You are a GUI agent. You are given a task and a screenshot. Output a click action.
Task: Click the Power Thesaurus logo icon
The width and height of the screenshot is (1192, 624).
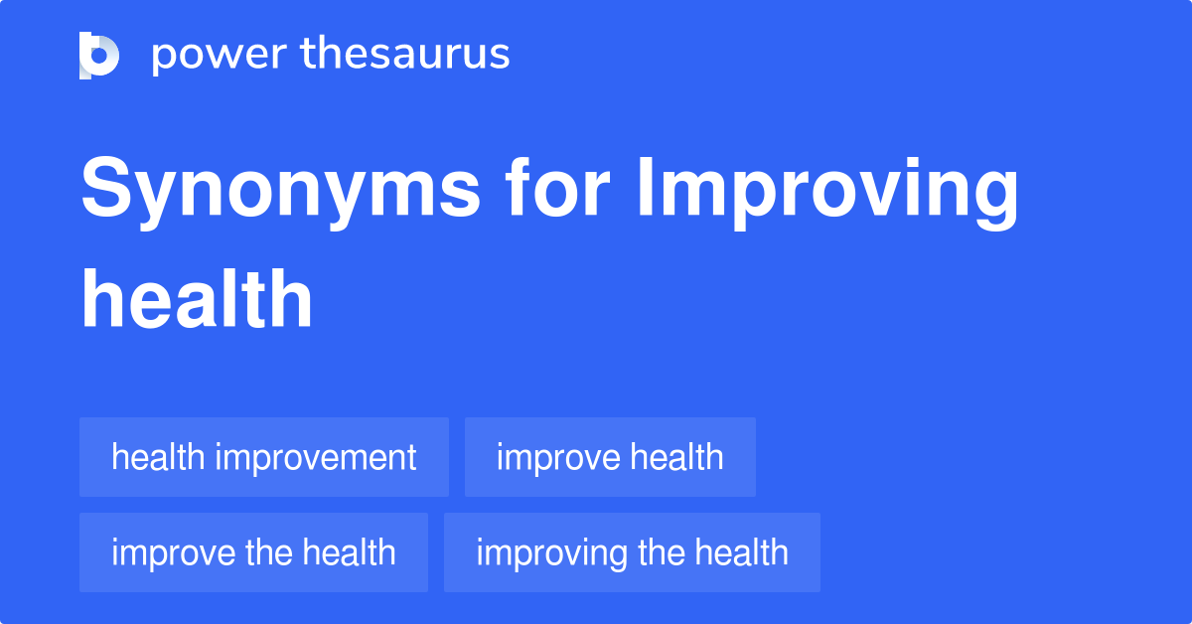(99, 55)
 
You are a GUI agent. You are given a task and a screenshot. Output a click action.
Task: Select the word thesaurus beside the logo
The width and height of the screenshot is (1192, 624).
(405, 55)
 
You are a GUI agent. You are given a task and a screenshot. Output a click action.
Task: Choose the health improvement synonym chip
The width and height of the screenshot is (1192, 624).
(264, 457)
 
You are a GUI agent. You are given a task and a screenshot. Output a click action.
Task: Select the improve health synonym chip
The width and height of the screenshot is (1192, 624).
(610, 457)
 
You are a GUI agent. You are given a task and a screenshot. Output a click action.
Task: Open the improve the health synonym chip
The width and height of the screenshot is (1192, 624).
(253, 552)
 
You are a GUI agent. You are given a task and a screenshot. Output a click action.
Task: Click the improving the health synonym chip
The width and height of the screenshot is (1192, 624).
(632, 552)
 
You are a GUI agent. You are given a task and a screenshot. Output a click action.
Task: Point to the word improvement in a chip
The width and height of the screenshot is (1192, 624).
(316, 458)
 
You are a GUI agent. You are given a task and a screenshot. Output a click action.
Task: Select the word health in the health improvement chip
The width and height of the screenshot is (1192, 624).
(159, 457)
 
